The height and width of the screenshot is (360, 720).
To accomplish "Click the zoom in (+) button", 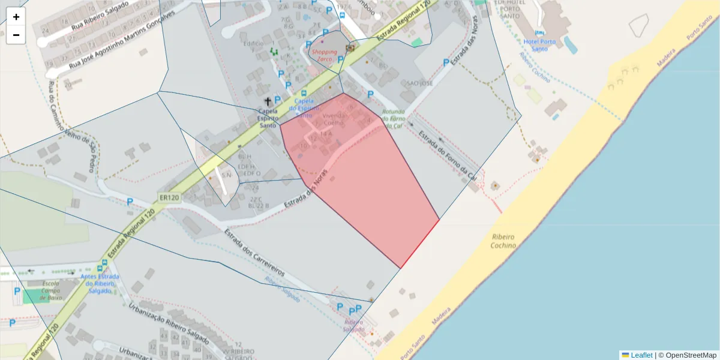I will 16,17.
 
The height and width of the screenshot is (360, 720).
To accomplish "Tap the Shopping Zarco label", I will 324,56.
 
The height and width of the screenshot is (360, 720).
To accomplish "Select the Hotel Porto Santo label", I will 539,45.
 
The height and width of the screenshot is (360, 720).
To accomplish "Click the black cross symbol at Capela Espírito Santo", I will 268,102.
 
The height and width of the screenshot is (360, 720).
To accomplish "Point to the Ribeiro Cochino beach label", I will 503,241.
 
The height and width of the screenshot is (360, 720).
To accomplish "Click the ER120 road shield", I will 170,197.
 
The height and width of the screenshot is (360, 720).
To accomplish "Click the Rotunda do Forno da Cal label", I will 393,119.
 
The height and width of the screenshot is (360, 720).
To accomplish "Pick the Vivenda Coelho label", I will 334,118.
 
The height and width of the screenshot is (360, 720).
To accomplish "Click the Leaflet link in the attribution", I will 641,355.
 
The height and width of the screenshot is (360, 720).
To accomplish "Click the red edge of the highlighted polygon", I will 420,244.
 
